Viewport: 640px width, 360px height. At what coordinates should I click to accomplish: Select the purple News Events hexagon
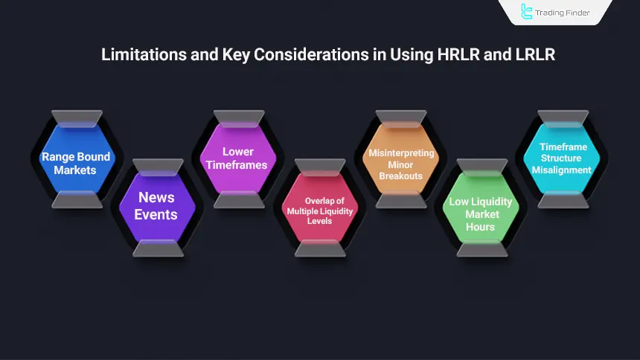click(157, 206)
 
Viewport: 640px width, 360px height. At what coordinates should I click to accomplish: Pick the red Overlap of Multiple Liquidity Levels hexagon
click(319, 210)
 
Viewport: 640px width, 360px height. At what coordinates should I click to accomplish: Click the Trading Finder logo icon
click(528, 12)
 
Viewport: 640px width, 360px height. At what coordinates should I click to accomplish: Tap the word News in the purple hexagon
click(156, 198)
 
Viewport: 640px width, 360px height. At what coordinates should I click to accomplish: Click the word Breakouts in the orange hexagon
click(400, 176)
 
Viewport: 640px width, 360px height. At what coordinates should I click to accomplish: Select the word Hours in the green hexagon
click(481, 227)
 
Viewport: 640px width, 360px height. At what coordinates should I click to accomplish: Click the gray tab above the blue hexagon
click(76, 119)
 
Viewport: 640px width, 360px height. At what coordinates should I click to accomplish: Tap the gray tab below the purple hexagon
click(157, 248)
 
